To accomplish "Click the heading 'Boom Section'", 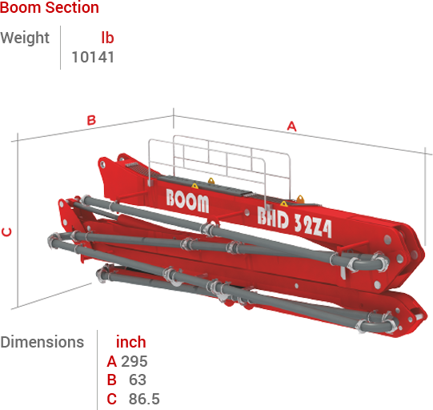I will (50, 8).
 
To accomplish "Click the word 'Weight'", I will (25, 38).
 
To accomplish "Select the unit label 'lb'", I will (107, 38).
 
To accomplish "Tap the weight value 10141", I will (93, 57).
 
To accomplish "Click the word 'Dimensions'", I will (42, 342).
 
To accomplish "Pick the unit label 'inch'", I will (130, 342).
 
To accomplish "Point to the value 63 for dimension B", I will (137, 380).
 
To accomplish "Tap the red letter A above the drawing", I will (291, 126).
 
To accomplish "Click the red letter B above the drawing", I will (91, 120).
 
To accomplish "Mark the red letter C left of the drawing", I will (6, 232).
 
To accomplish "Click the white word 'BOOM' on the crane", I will (188, 199).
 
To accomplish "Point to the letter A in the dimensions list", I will (111, 361).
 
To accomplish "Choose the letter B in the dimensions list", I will (111, 380).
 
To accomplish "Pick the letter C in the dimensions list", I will (111, 398).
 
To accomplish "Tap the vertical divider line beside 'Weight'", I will (61, 47).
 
